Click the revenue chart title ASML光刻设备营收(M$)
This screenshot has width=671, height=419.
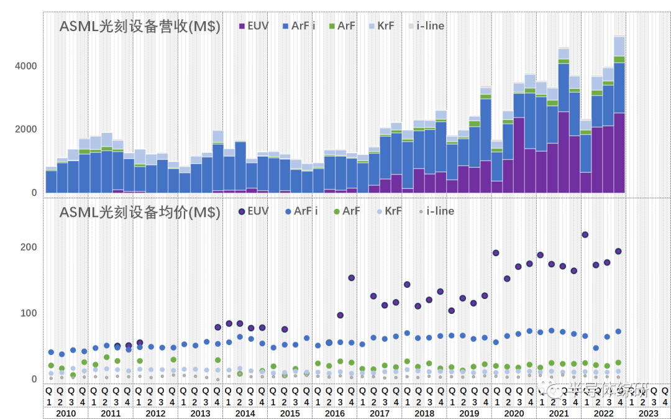[x=140, y=27]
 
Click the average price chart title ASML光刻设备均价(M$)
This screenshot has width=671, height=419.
[x=140, y=212]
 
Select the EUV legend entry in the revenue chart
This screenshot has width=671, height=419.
[x=254, y=26]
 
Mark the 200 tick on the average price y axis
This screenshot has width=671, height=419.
[x=30, y=247]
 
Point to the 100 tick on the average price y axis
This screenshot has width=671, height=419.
[x=30, y=313]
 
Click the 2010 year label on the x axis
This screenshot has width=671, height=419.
[x=65, y=413]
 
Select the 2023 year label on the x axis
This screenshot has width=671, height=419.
[x=648, y=413]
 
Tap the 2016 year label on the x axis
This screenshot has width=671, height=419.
[x=334, y=413]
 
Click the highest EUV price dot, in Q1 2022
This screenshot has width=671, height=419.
[x=585, y=235]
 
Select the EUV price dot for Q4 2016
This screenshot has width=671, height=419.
[x=351, y=278]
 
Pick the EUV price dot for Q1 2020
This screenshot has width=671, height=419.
[x=496, y=253]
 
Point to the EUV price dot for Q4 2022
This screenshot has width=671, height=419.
[x=619, y=251]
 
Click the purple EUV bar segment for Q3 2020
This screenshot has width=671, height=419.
[x=518, y=155]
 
